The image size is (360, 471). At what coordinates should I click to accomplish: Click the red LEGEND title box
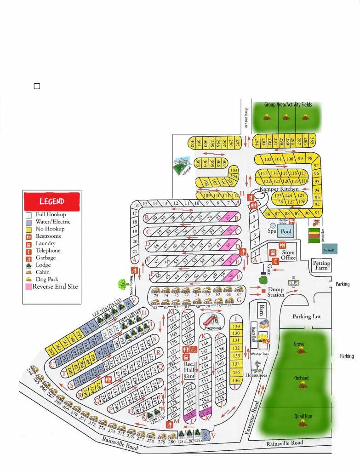click(x=52, y=201)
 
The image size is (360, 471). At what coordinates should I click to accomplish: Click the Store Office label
click(x=288, y=255)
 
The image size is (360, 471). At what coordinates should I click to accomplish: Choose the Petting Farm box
click(x=321, y=266)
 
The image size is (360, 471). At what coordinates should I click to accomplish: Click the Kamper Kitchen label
click(x=280, y=189)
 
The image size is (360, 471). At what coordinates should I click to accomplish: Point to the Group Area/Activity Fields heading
click(x=288, y=104)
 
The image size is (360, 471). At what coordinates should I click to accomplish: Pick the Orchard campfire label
click(x=301, y=379)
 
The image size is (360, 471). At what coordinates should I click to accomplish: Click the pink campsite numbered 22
click(x=228, y=218)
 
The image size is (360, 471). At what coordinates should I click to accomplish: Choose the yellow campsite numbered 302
click(x=191, y=143)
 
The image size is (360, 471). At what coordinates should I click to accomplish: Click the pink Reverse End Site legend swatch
click(x=29, y=287)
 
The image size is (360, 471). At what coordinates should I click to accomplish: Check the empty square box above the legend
click(x=37, y=86)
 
